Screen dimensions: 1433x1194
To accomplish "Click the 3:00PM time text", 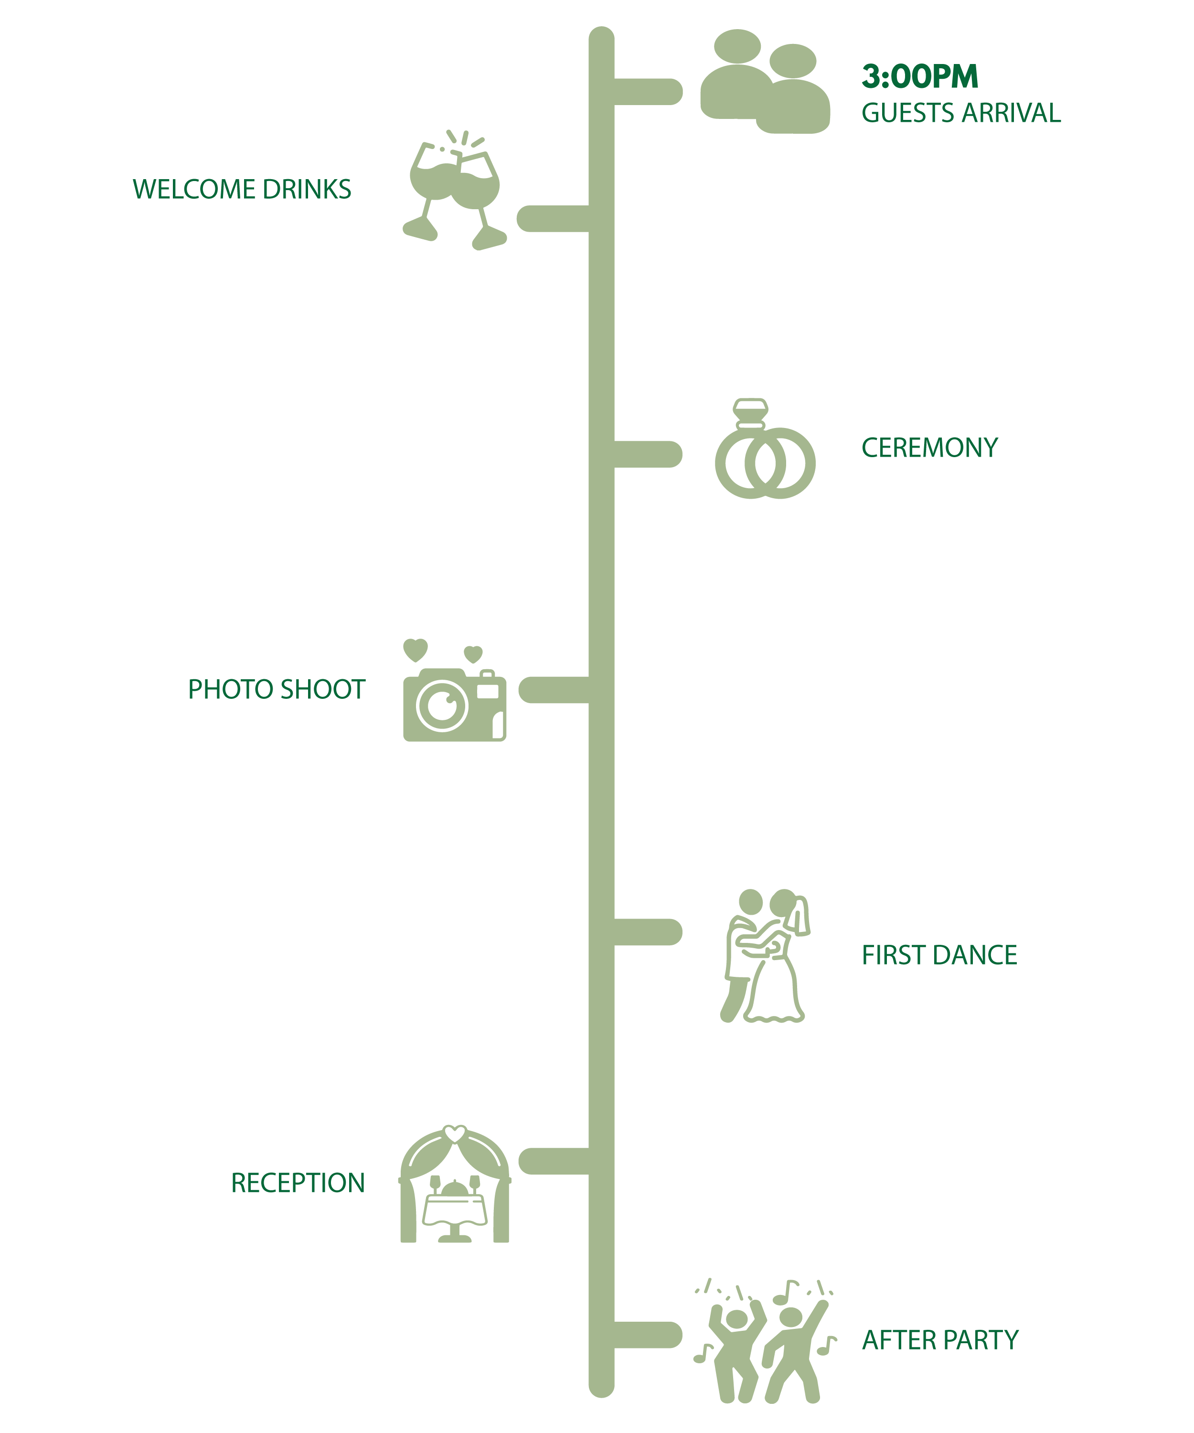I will point(920,76).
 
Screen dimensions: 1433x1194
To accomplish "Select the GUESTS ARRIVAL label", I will point(960,113).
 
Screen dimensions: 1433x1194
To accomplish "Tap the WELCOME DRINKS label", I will point(242,190).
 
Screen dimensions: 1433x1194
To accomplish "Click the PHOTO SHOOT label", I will point(277,690).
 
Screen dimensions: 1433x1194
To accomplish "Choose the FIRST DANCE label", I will point(939,955).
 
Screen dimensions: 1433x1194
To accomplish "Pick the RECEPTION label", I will point(298,1183).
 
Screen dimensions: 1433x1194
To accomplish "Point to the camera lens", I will point(442,705).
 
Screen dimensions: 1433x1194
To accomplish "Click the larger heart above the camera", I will point(415,650).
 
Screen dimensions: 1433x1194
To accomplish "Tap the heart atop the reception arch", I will point(455,1134).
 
